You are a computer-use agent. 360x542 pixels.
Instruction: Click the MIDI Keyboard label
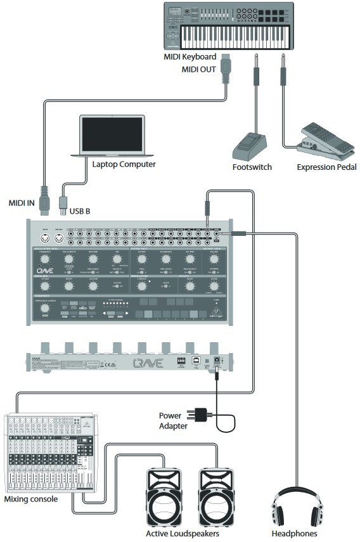190,57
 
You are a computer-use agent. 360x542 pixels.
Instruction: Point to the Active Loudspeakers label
183,534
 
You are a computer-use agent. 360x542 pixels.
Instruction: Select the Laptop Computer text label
124,164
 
